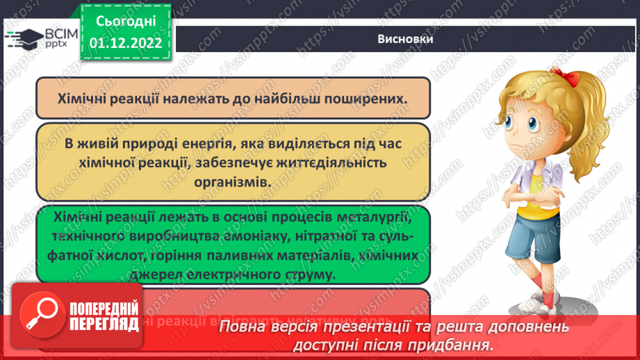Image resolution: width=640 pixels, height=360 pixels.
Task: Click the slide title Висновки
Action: coord(406,39)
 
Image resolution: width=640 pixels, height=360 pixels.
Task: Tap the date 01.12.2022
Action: coord(125,43)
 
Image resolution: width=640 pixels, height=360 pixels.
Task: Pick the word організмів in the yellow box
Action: coord(233,181)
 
